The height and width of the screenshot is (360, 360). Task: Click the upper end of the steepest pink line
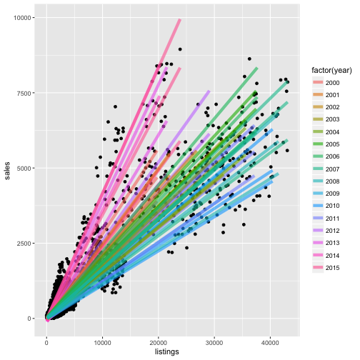[180, 20]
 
